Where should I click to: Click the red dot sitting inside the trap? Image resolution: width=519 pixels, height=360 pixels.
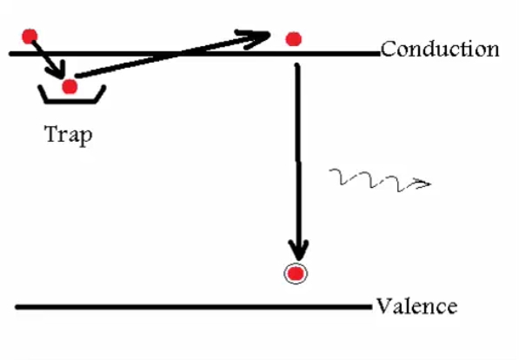(x=70, y=87)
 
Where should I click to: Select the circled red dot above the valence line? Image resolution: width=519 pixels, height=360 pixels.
(x=296, y=274)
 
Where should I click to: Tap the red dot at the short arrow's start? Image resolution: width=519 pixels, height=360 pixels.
(x=30, y=37)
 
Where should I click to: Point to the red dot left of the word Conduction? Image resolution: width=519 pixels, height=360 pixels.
(x=293, y=39)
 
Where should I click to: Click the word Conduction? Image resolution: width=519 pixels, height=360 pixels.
(x=440, y=50)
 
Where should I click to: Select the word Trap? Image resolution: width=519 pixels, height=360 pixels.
(x=69, y=135)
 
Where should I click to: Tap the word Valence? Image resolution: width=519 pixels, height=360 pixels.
(x=417, y=306)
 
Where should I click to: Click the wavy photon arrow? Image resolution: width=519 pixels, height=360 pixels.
(x=380, y=181)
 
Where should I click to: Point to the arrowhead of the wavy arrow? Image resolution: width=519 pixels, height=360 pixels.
(x=422, y=183)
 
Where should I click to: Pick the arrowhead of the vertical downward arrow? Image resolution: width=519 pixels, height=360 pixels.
(x=298, y=250)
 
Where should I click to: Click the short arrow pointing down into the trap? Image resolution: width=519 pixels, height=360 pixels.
(x=48, y=59)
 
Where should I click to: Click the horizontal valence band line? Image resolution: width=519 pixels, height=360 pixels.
(x=194, y=307)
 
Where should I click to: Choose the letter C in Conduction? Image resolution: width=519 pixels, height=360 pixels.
(x=389, y=50)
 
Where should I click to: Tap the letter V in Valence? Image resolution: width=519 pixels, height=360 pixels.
(x=384, y=306)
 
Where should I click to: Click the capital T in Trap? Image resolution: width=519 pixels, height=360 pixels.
(x=52, y=133)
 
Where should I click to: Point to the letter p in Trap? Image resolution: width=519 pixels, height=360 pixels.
(x=86, y=137)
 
